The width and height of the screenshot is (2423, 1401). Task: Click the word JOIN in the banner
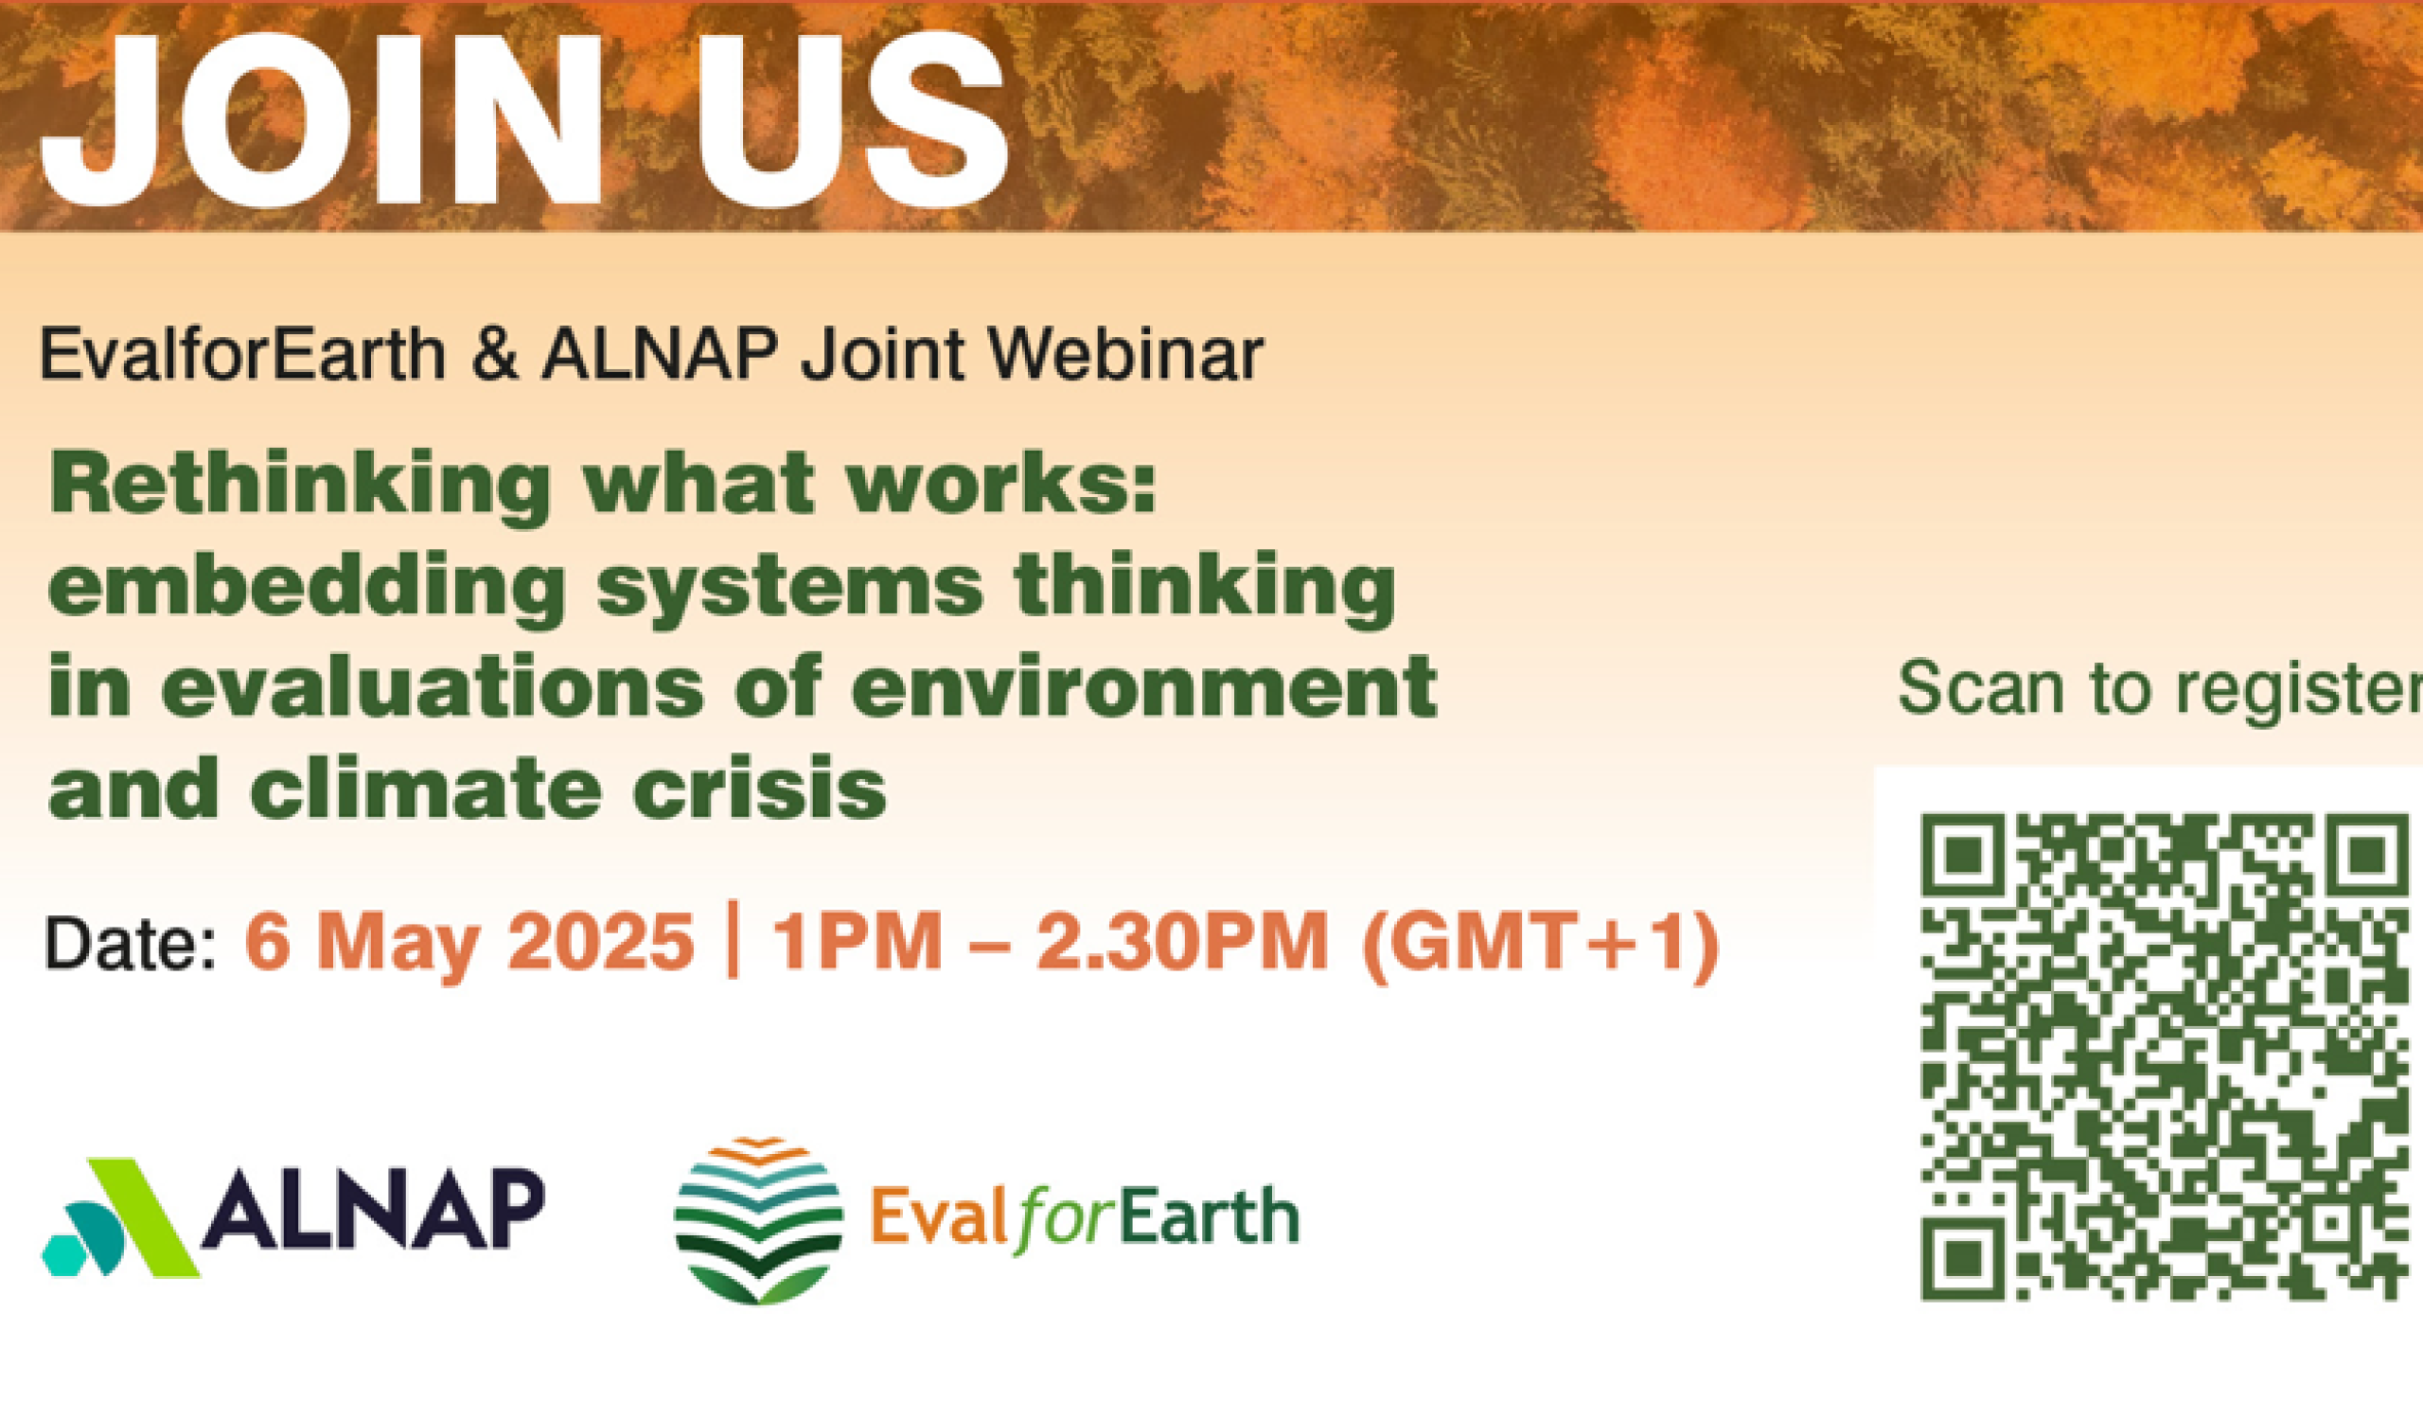[x=322, y=120]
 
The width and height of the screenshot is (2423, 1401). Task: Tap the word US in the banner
[x=852, y=120]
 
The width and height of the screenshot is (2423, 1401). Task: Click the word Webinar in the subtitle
[x=1125, y=354]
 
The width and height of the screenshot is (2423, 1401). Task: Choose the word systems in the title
[x=789, y=593]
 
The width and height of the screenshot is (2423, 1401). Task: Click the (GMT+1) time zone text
[x=1540, y=947]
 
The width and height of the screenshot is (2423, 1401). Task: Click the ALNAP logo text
[x=374, y=1208]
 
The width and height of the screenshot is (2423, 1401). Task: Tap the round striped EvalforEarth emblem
[x=759, y=1220]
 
